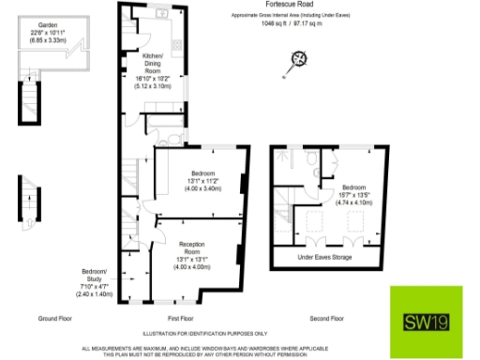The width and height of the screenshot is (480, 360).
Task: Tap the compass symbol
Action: coord(300,60)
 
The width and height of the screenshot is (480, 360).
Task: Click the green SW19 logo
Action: coord(423,322)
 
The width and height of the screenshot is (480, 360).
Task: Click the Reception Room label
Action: coord(191,247)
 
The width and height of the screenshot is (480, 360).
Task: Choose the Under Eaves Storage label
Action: coord(324,257)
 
